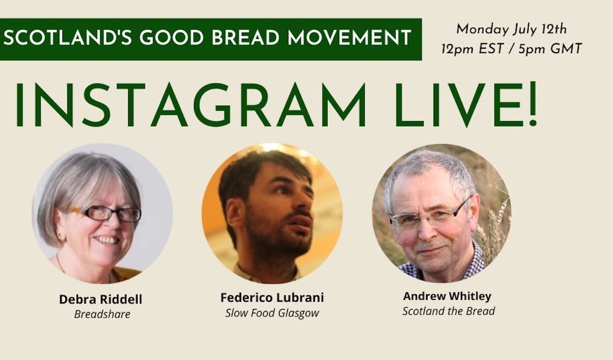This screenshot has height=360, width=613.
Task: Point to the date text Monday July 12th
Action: [511, 29]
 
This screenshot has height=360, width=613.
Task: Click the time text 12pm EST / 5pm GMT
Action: [511, 50]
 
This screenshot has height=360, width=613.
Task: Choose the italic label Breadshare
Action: [102, 314]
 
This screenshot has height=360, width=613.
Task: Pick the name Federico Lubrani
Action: [272, 298]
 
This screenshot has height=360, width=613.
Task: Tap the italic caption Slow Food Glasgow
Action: [272, 313]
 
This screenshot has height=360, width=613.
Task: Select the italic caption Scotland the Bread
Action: [448, 311]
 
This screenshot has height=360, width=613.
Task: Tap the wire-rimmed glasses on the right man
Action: [428, 217]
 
